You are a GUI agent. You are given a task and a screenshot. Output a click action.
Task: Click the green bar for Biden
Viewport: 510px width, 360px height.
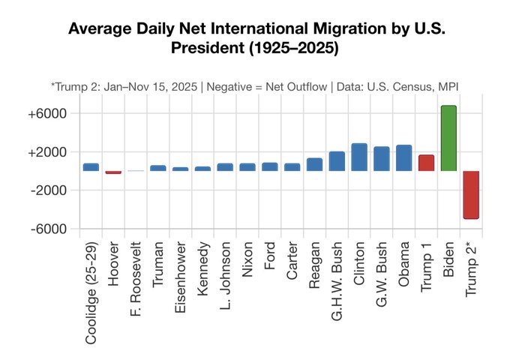coord(448,138)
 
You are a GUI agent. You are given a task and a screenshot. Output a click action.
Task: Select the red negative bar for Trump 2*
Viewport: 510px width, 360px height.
coord(471,194)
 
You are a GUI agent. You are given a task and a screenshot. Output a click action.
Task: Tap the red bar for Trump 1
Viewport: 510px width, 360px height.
coord(426,163)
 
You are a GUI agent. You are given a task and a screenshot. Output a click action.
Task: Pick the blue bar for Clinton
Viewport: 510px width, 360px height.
coord(359,157)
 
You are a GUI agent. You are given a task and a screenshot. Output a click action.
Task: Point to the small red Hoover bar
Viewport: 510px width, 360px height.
coord(113,172)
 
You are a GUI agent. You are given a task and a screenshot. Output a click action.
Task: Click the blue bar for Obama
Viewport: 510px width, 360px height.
coord(403,157)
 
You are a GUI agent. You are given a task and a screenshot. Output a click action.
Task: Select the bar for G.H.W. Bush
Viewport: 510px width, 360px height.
coord(337,161)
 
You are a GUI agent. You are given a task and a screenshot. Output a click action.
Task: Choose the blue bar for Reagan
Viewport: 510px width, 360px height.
coord(314,164)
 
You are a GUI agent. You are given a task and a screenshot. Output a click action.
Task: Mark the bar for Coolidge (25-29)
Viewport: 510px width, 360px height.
coord(91,167)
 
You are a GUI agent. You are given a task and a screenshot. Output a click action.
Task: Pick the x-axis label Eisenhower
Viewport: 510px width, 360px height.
coord(181,282)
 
